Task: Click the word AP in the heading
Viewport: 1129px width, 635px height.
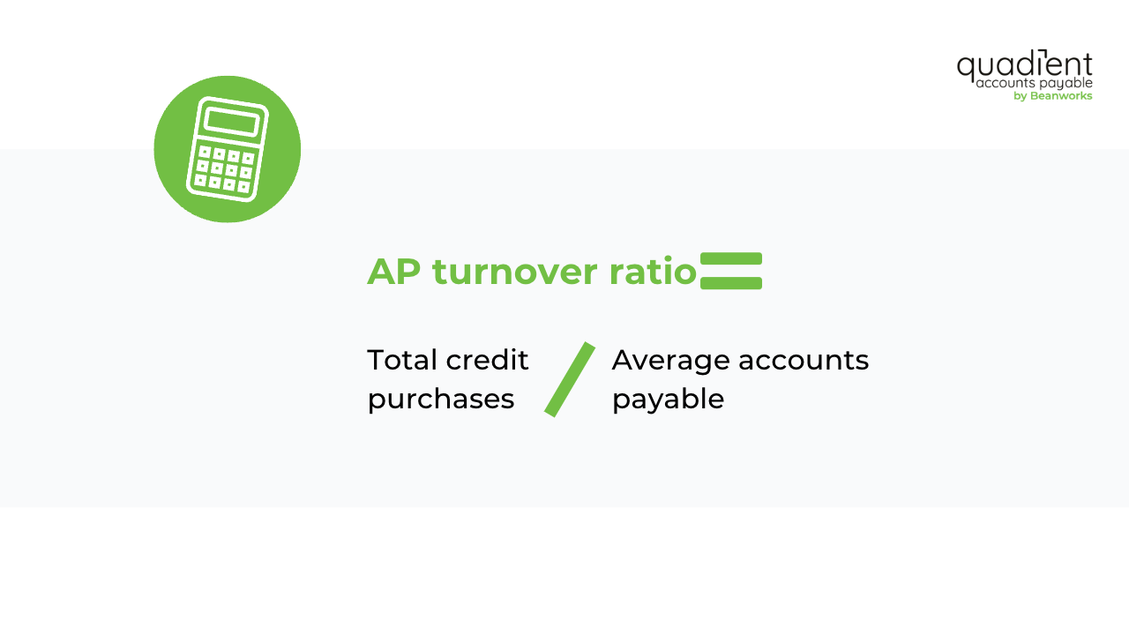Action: pos(393,272)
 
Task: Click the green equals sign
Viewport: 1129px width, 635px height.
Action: pos(731,271)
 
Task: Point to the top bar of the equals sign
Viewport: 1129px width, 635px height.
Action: pos(731,258)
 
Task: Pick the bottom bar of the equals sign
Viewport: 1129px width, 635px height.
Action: pos(731,283)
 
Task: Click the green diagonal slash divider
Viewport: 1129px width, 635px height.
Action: pos(570,379)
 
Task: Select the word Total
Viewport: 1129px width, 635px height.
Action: pos(402,360)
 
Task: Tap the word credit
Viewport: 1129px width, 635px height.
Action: pos(487,360)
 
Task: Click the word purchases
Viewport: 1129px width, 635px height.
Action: pos(441,399)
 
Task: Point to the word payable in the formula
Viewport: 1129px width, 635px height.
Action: pos(668,400)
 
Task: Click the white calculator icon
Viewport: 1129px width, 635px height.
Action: pos(227,149)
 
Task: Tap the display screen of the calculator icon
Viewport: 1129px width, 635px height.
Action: pos(231,123)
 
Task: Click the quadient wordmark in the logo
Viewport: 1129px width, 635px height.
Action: pos(1024,65)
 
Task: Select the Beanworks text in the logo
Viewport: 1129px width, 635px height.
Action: pos(1061,96)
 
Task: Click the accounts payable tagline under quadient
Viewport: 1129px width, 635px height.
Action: pos(1034,83)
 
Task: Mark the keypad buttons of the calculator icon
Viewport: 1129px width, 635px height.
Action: pos(224,168)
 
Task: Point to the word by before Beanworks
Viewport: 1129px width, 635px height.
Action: pos(1021,96)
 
